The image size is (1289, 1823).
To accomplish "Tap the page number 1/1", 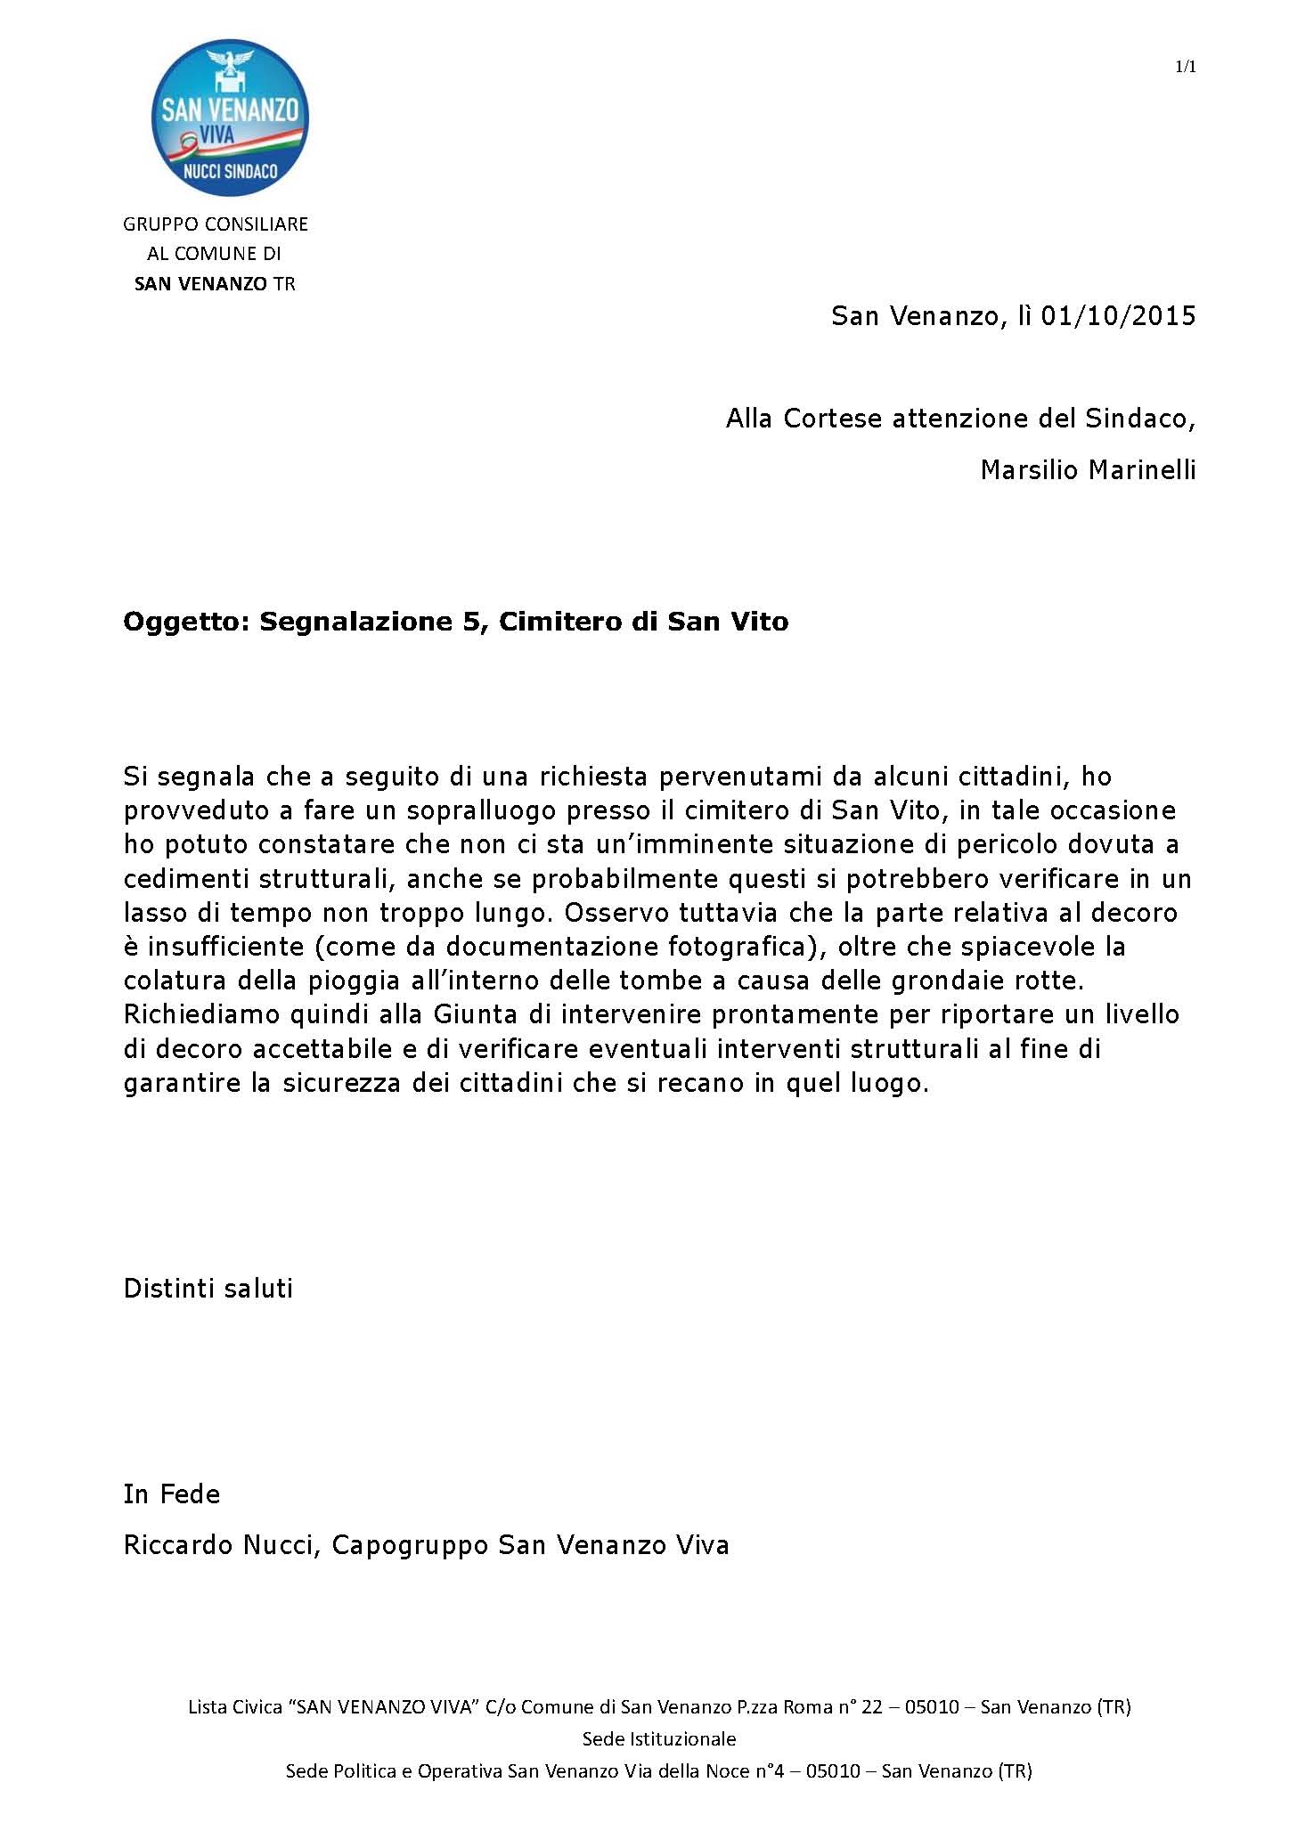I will coord(1185,68).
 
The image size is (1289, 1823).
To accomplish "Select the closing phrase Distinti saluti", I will coord(208,1289).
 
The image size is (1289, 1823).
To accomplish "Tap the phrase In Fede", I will coord(172,1493).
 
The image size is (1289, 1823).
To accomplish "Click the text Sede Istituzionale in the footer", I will coord(659,1738).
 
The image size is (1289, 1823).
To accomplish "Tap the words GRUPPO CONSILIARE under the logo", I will coord(216,224).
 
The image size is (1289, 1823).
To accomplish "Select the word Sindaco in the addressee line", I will coord(1144,418).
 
